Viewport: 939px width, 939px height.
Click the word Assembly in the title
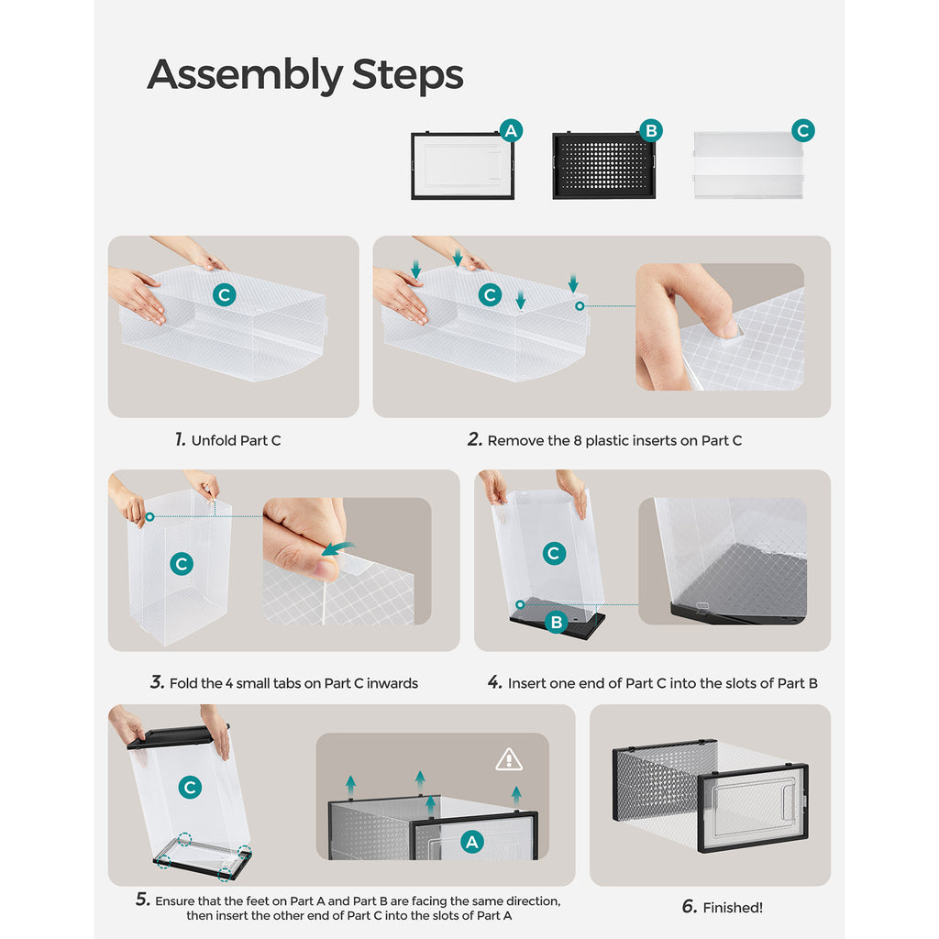pyautogui.click(x=245, y=75)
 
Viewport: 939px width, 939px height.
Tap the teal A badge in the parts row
pyautogui.click(x=511, y=130)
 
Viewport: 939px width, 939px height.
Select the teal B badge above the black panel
pyautogui.click(x=651, y=130)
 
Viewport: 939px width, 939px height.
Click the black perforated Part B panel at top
pyautogui.click(x=603, y=165)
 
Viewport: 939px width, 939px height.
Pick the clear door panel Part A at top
pyautogui.click(x=462, y=165)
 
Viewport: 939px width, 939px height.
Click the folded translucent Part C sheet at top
pyautogui.click(x=748, y=165)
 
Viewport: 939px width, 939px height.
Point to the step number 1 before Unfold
pyautogui.click(x=181, y=439)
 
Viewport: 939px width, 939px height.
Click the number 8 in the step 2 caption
pyautogui.click(x=578, y=441)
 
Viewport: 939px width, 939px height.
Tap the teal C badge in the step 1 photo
pyautogui.click(x=225, y=294)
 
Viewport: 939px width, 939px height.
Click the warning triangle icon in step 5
pyautogui.click(x=509, y=759)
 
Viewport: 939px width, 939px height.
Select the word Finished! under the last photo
pyautogui.click(x=733, y=908)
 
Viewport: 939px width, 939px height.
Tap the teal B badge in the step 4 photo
pyautogui.click(x=557, y=623)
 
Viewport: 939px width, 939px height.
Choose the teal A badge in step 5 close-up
pyautogui.click(x=472, y=842)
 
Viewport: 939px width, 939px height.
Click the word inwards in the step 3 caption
pyautogui.click(x=392, y=683)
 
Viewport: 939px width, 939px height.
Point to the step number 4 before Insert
pyautogui.click(x=494, y=682)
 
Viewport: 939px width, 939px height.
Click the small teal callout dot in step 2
pyautogui.click(x=580, y=306)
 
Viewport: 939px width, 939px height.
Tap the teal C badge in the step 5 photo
pyautogui.click(x=191, y=787)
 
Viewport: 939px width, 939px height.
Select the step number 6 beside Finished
pyautogui.click(x=690, y=907)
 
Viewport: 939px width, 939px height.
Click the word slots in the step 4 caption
pyautogui.click(x=729, y=683)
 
